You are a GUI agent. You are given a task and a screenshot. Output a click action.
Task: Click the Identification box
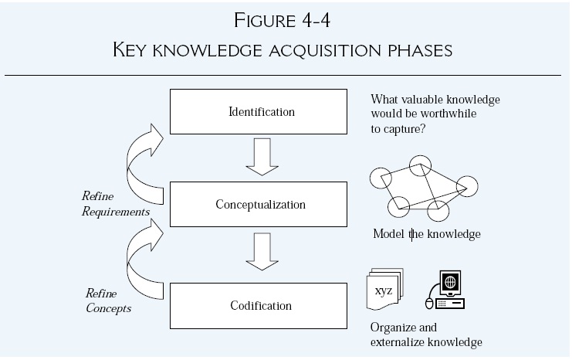261,112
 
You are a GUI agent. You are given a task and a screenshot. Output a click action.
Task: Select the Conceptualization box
261,205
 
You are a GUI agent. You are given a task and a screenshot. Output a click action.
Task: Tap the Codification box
261,306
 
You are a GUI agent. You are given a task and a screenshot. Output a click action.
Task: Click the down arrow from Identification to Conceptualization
262,157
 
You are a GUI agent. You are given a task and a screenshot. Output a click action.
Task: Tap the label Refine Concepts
109,301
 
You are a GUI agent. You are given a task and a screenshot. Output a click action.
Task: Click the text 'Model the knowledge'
426,234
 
